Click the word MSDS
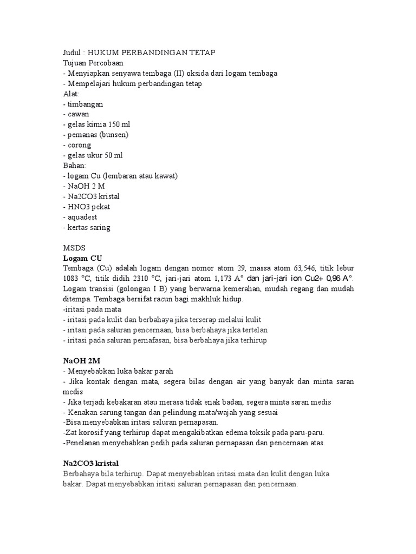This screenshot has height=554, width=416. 74,248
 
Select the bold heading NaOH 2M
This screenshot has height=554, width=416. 82,361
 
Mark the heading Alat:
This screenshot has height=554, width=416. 71,94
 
